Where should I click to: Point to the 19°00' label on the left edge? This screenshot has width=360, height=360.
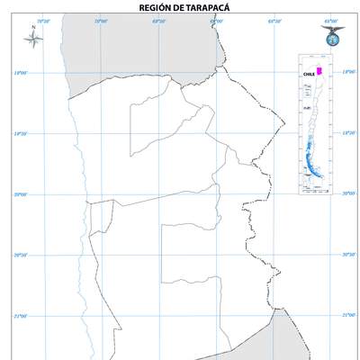19,74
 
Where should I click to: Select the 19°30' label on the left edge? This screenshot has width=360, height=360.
19,134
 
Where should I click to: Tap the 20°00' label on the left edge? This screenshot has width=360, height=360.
19,194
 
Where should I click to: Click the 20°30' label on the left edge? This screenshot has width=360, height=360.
19,256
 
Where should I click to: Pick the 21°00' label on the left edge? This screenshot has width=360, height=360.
19,316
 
